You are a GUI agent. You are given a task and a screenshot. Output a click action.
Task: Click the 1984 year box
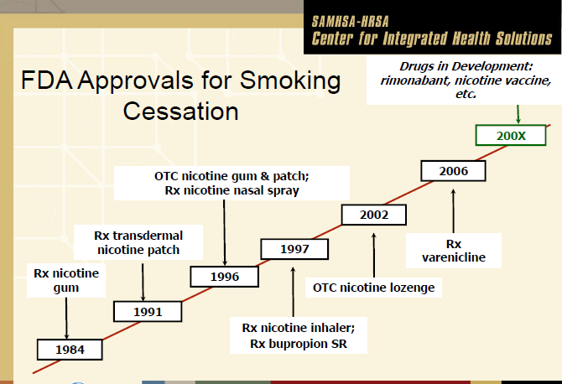70,350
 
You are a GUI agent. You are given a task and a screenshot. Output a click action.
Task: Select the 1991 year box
148,312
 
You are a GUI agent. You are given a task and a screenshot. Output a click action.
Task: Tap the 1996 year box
224,277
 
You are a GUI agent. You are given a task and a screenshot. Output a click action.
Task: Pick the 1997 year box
294,249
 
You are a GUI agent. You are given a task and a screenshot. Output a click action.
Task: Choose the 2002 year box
374,215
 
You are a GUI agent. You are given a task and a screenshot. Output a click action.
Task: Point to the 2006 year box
454,171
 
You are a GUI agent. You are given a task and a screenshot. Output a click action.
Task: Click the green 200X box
511,135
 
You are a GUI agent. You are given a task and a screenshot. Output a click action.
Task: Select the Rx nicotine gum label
66,281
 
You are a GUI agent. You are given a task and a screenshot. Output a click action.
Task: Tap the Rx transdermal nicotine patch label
138,242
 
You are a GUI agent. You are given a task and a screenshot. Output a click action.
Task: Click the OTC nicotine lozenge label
373,288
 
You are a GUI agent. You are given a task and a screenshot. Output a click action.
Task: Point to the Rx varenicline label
454,251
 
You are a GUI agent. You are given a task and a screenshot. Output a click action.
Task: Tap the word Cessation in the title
180,112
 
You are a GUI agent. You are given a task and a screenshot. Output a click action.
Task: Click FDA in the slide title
47,80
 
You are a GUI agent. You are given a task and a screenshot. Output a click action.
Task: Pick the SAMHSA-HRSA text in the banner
350,22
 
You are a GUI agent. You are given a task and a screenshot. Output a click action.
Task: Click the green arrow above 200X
518,114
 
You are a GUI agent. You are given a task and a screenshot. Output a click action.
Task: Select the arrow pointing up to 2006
454,211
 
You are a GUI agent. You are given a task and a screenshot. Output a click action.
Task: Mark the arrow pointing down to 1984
66,318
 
